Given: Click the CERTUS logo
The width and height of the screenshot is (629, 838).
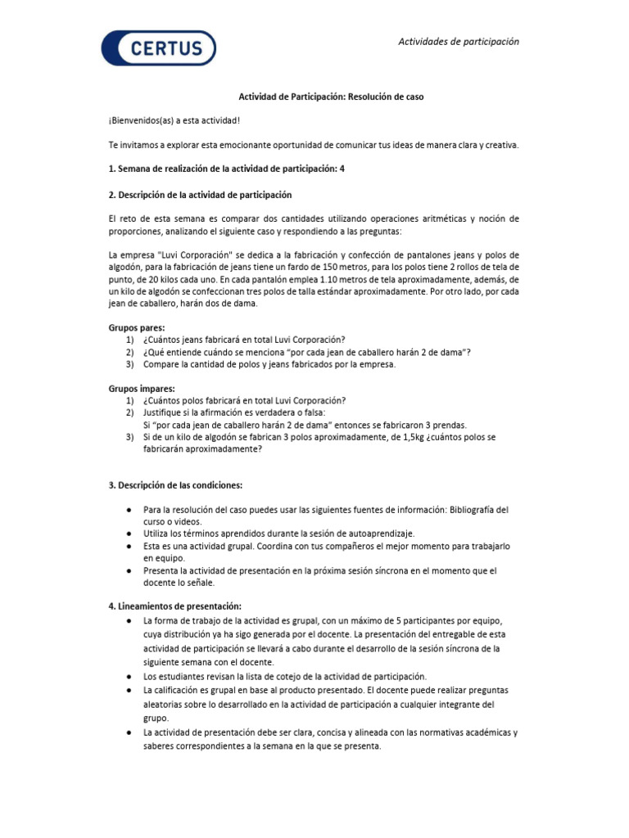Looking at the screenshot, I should (x=158, y=47).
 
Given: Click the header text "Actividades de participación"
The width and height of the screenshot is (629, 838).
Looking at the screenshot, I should (x=458, y=42).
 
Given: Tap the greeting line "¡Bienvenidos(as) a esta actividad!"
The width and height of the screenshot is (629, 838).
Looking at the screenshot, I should (x=174, y=121).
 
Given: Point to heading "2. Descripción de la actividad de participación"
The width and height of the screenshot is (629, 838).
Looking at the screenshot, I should (x=200, y=195).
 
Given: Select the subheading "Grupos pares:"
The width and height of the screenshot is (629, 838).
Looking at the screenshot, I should (x=131, y=328).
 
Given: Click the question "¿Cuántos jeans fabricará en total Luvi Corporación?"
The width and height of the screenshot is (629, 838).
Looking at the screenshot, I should (x=244, y=340).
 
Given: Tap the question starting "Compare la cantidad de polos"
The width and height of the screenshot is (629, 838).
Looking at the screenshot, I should (x=269, y=364).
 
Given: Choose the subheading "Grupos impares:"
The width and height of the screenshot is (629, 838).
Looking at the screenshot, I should (x=136, y=389).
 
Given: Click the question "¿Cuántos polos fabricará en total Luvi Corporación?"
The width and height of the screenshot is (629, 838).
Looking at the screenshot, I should (x=244, y=400).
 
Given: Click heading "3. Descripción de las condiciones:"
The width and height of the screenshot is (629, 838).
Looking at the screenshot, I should (x=175, y=485).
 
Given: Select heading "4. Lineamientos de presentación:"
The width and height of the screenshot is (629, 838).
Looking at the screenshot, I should (x=175, y=606).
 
